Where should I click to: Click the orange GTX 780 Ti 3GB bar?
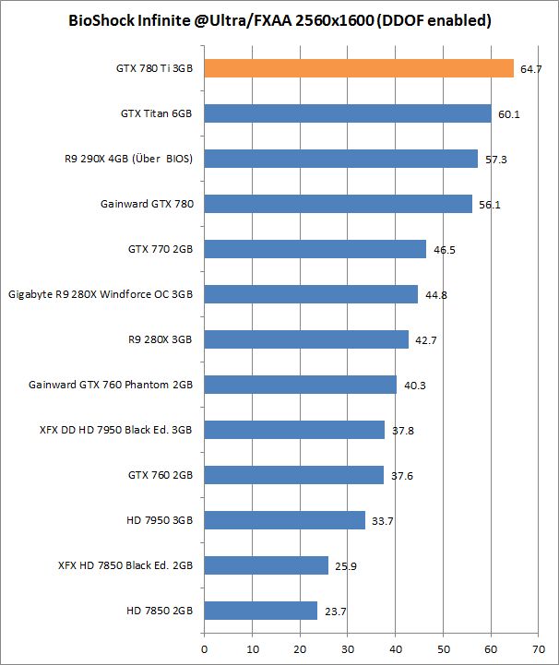(x=358, y=68)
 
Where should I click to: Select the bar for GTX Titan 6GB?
(x=347, y=113)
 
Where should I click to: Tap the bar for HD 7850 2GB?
(x=260, y=611)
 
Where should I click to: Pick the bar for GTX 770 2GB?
(x=315, y=249)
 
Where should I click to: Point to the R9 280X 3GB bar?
(x=305, y=339)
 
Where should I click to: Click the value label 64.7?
(x=530, y=69)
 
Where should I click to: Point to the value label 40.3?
(x=415, y=386)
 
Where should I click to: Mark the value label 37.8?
(x=403, y=431)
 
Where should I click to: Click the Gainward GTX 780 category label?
(x=147, y=204)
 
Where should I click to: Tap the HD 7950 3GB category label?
(x=159, y=520)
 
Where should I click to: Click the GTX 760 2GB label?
(x=161, y=475)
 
